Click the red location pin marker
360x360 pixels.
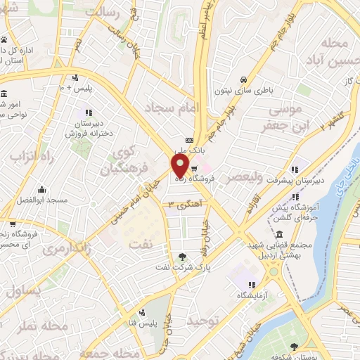(x=179, y=165)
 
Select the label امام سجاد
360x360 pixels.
(x=172, y=108)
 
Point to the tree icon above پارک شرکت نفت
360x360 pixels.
(x=184, y=257)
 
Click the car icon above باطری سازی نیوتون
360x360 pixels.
(x=243, y=79)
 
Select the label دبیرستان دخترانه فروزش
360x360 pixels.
(x=89, y=127)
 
